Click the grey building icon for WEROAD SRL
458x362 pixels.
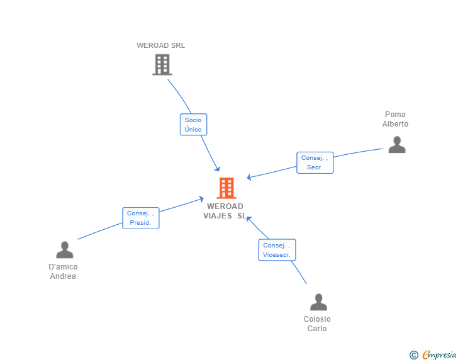click(x=162, y=64)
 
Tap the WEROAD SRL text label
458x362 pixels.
click(x=161, y=45)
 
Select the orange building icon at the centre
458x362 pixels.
click(x=226, y=188)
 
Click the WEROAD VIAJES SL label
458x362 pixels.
click(x=224, y=211)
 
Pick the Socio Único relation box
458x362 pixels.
click(x=193, y=125)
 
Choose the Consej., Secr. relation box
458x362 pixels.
click(x=315, y=162)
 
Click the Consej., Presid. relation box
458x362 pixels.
click(x=141, y=218)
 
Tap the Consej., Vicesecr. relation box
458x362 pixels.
click(x=277, y=250)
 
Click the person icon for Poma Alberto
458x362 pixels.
click(x=396, y=145)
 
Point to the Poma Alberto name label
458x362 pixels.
click(x=395, y=119)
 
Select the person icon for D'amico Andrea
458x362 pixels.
click(x=64, y=250)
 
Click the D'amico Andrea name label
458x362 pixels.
click(x=63, y=271)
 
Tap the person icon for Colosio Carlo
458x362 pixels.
click(x=318, y=302)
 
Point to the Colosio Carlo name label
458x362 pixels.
click(x=317, y=324)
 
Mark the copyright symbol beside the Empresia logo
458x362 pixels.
click(x=413, y=355)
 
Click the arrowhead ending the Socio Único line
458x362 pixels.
click(x=218, y=169)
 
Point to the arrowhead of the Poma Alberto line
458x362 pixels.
click(x=249, y=178)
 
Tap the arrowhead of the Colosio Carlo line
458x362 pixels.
click(x=249, y=218)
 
